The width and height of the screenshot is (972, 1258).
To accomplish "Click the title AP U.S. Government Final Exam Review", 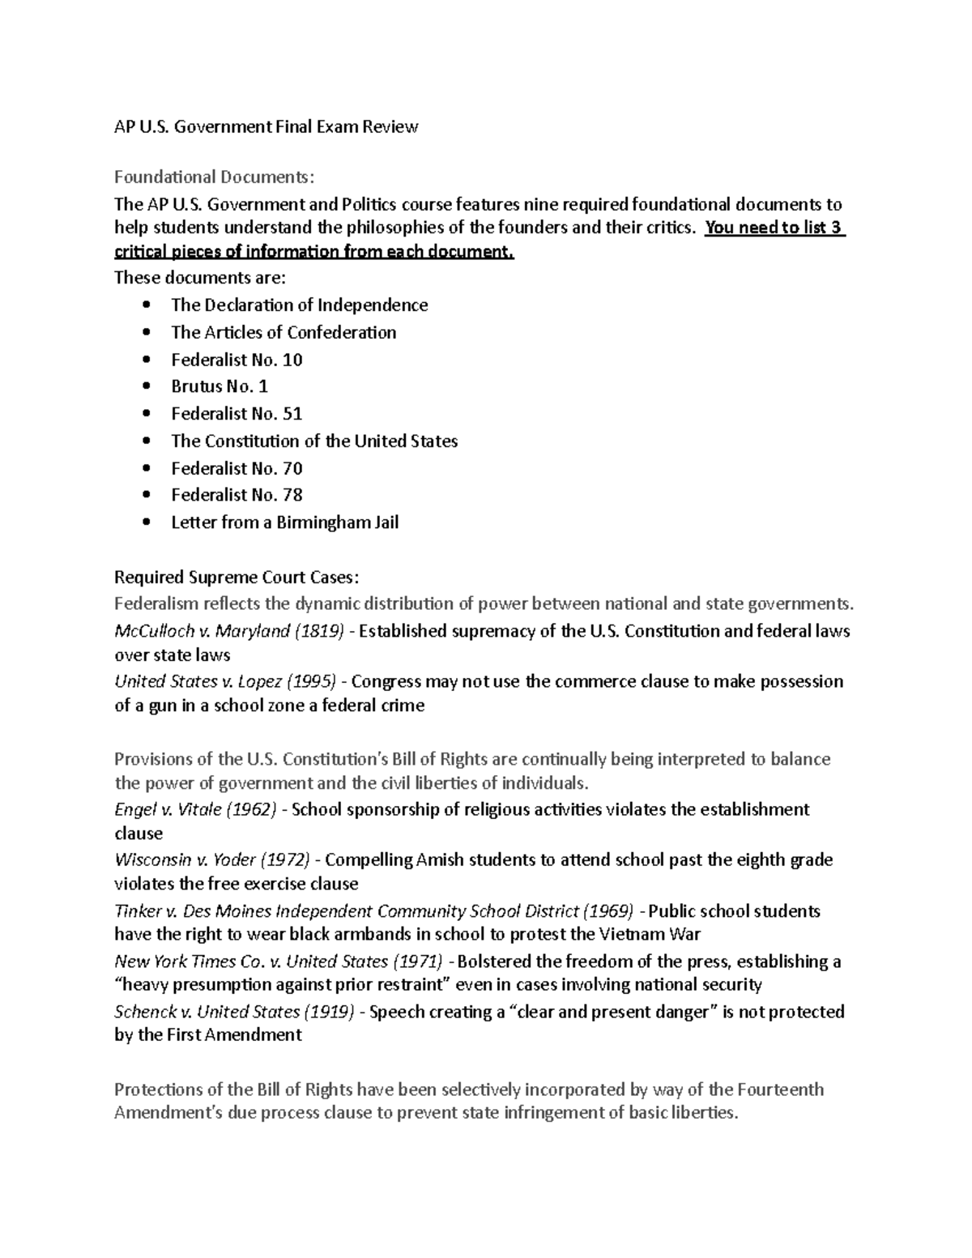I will [266, 126].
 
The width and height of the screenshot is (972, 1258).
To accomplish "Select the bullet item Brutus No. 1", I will [219, 386].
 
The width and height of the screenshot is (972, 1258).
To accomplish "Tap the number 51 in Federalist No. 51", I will [292, 414].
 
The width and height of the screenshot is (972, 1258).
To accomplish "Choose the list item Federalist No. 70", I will [237, 468].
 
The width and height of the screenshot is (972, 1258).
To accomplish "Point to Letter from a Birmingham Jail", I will [284, 522].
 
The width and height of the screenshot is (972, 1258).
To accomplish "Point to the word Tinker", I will [139, 911].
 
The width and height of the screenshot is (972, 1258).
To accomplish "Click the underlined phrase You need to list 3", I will [774, 228].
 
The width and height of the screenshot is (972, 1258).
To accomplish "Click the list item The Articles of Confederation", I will [283, 333].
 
